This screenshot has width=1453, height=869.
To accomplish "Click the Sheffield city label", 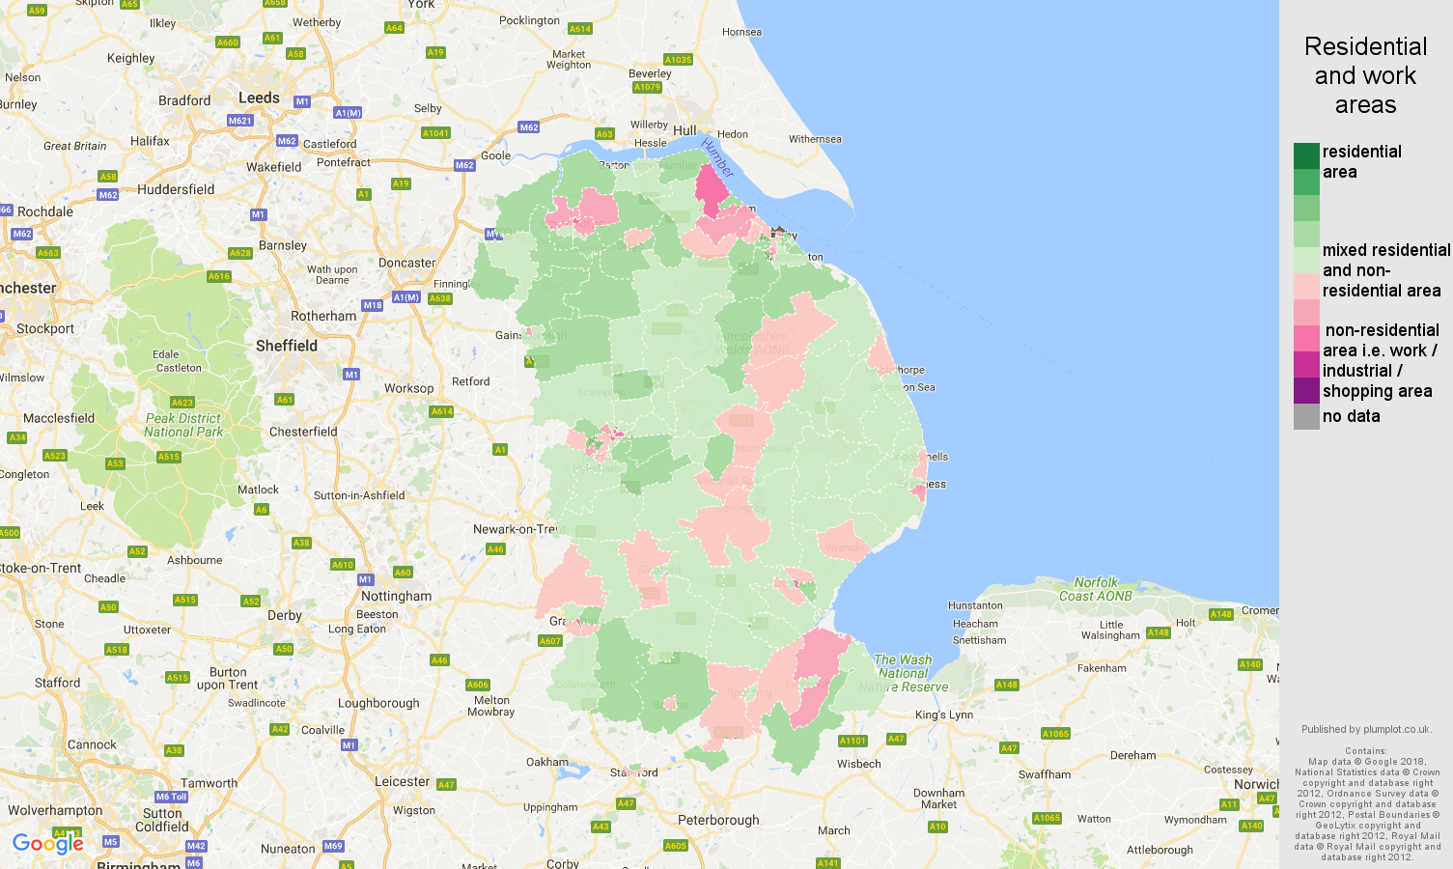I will [286, 346].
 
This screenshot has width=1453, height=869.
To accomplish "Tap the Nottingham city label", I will [396, 596].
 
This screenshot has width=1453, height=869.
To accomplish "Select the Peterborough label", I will [718, 820].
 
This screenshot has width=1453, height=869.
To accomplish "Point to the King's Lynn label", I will [944, 715].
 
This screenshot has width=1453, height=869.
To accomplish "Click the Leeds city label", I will [259, 98].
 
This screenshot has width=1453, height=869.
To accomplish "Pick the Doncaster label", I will [406, 263].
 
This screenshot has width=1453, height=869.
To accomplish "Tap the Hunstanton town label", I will [975, 605].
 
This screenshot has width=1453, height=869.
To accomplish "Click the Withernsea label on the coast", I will [815, 139].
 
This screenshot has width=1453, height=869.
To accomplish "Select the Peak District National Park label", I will [183, 425].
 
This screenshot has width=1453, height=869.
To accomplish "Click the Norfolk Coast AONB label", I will [1095, 589].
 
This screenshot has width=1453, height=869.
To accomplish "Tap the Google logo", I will [48, 844].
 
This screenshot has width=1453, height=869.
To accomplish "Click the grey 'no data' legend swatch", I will [1306, 416].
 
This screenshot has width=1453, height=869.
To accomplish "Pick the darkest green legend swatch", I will [1306, 155].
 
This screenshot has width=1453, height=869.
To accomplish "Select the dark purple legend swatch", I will [1306, 390].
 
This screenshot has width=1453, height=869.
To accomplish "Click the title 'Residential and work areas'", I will [1365, 75].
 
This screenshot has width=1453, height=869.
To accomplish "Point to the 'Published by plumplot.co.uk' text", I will [1365, 729].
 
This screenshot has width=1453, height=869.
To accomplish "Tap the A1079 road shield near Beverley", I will [647, 87].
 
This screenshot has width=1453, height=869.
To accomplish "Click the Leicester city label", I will [402, 781].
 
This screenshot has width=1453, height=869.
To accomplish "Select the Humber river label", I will [717, 157].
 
